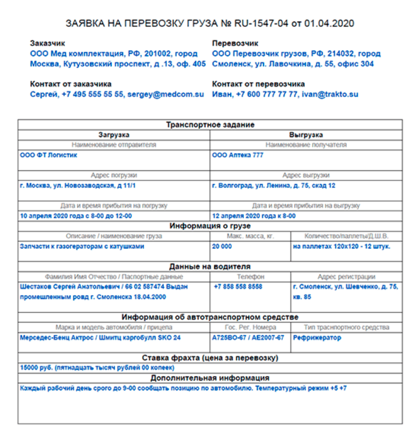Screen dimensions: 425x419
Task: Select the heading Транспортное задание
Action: (210, 125)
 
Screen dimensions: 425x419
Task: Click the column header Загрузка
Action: (114, 135)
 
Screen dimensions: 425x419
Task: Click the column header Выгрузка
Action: (306, 135)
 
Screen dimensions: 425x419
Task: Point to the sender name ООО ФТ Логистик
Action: (48, 156)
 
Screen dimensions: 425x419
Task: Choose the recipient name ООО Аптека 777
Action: (237, 156)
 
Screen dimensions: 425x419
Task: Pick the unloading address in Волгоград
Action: (273, 186)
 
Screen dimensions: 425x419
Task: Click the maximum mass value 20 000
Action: (222, 246)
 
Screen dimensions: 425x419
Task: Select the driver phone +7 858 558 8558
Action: (238, 287)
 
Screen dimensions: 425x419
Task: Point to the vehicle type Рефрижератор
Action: (317, 337)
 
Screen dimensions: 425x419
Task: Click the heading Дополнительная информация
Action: (210, 378)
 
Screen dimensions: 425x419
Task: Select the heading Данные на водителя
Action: (210, 266)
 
